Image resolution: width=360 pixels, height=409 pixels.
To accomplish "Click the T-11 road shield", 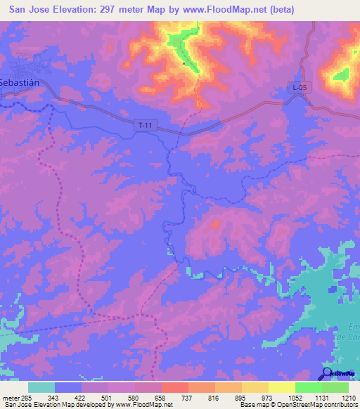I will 145,125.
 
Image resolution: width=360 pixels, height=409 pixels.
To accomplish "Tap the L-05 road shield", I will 300,87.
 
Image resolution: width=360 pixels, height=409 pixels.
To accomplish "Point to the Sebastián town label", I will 18,82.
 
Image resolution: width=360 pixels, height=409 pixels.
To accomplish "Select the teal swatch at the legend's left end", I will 41,387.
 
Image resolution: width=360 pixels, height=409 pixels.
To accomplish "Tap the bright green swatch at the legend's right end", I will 335,387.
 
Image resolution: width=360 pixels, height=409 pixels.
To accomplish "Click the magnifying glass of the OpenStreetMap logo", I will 326,373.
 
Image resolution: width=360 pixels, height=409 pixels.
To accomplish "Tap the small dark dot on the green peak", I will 184,63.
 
